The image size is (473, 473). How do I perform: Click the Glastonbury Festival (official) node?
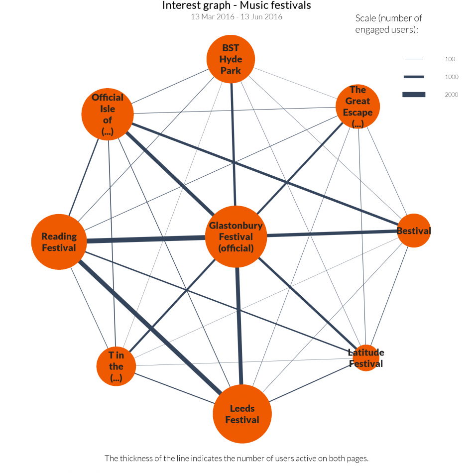[x=236, y=236]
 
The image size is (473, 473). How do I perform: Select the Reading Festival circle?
[x=59, y=241]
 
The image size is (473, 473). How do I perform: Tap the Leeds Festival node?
[x=242, y=414]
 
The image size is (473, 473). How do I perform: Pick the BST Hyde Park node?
[x=231, y=59]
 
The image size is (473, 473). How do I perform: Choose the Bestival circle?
[x=413, y=231]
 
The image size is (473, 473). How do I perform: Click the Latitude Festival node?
[x=366, y=358]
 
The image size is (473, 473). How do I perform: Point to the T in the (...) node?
[x=116, y=366]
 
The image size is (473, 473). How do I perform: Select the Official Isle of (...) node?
[x=108, y=115]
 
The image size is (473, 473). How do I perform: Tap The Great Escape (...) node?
[x=357, y=107]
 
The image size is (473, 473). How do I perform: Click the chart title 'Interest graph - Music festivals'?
[x=236, y=6]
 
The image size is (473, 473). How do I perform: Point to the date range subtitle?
[x=236, y=17]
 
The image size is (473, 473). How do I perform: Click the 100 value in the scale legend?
[x=450, y=59]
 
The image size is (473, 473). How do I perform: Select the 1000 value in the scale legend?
[x=451, y=77]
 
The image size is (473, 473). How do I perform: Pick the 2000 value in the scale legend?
[x=451, y=95]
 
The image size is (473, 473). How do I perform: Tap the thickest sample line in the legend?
[x=414, y=95]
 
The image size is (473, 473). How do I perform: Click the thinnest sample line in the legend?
[x=414, y=59]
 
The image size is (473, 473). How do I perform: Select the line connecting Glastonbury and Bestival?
[x=332, y=234]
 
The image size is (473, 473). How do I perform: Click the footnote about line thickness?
[x=236, y=458]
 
